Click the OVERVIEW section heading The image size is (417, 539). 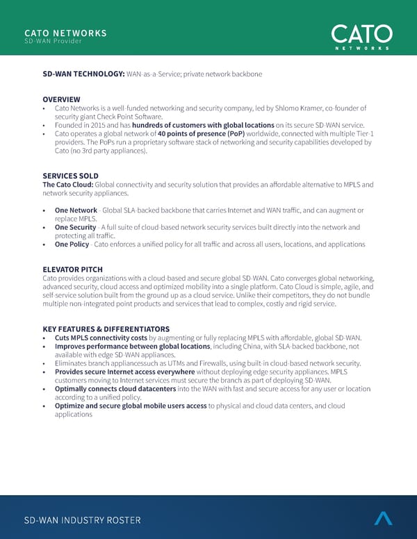click(61, 99)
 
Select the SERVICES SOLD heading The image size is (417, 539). click(70, 176)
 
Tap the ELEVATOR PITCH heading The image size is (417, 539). click(72, 269)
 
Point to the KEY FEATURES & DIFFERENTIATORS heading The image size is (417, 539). click(106, 329)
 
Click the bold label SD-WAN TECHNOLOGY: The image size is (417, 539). click(83, 74)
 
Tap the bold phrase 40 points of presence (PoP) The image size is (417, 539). click(202, 133)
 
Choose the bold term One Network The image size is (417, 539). click(76, 210)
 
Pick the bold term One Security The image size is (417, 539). click(75, 227)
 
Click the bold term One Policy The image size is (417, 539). click(72, 244)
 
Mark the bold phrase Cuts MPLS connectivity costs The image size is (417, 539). click(101, 338)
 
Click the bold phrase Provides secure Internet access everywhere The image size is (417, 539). click(124, 372)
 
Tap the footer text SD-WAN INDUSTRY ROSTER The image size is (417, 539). click(82, 520)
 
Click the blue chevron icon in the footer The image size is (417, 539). click(383, 517)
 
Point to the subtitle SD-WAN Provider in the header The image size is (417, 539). click(53, 42)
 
